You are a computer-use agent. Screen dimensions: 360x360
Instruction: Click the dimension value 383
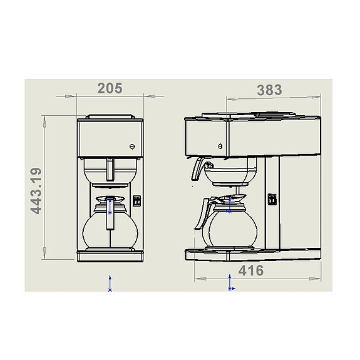269,90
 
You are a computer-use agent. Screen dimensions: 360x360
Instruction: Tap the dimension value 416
251,270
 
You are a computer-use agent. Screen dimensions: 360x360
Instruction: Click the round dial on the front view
131,148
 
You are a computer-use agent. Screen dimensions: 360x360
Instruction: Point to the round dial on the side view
220,146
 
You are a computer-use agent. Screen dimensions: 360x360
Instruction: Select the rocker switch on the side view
272,199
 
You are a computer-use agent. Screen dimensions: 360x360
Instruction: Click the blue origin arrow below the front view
111,282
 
